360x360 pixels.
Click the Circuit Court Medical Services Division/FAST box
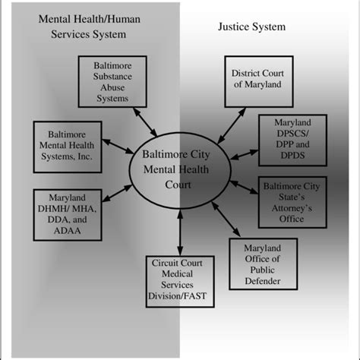tap(180, 278)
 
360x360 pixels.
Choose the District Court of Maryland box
tap(256, 78)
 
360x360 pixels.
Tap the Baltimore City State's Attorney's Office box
tap(292, 201)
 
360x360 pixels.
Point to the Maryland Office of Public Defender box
tap(262, 264)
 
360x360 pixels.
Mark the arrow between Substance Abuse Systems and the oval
tap(145, 122)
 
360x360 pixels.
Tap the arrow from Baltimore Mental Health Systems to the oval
tap(115, 150)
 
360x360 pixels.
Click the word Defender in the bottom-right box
tap(262, 281)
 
